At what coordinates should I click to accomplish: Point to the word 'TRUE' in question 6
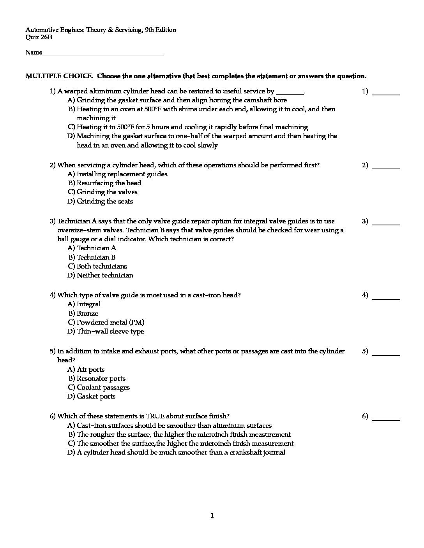point(155,416)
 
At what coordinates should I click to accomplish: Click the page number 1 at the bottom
point(212,516)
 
